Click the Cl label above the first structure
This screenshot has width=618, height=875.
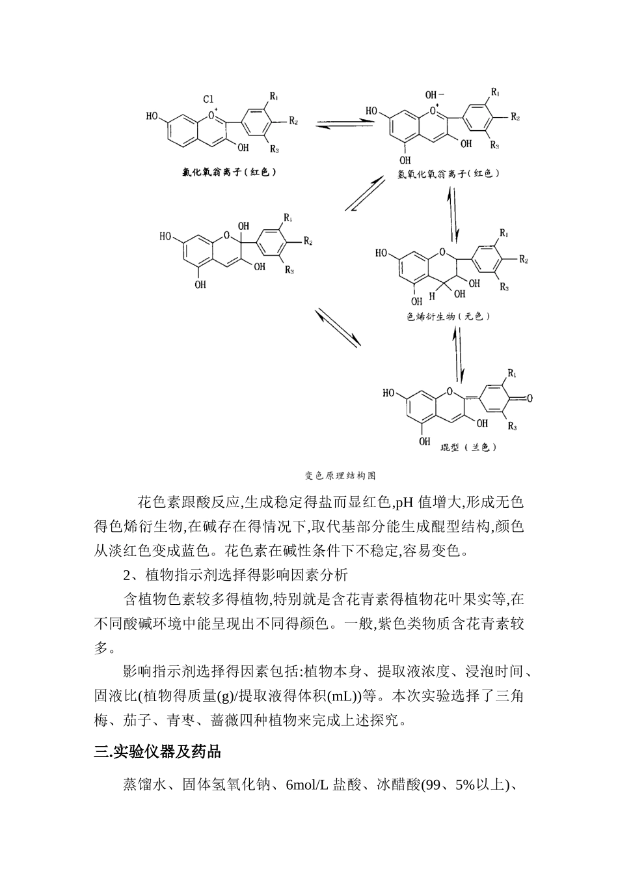click(x=208, y=99)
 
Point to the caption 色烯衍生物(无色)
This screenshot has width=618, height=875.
click(x=448, y=316)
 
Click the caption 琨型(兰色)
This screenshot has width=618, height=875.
click(x=459, y=447)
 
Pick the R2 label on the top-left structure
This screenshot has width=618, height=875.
click(x=293, y=122)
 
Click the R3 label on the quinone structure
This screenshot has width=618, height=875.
click(x=513, y=426)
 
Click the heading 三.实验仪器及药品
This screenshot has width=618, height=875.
click(x=157, y=752)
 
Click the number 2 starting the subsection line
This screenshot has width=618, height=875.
click(x=127, y=575)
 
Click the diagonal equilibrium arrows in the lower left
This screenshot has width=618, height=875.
click(x=338, y=327)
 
